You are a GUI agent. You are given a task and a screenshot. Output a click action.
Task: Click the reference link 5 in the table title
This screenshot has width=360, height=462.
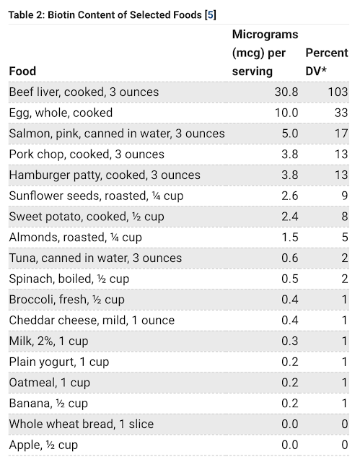point(211,14)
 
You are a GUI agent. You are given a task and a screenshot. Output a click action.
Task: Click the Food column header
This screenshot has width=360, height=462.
point(22,71)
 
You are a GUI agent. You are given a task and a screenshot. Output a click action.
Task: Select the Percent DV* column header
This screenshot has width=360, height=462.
point(327,62)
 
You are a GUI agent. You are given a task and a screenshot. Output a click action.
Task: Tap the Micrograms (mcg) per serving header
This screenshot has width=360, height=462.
point(265,53)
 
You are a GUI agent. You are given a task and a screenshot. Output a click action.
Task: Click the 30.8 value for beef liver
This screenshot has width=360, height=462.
point(286,92)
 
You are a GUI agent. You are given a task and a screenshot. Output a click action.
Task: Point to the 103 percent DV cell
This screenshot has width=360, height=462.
point(338,92)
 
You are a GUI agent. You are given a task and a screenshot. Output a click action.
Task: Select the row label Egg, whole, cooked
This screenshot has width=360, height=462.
point(61,113)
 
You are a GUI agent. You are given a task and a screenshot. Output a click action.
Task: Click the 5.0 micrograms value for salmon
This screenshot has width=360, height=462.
point(290,134)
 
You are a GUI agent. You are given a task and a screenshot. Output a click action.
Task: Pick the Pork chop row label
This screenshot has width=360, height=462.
point(87,154)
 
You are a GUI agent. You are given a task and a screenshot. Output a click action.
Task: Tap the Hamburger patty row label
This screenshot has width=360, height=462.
point(105,175)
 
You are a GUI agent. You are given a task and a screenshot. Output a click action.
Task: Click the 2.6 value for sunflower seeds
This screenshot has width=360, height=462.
point(290,196)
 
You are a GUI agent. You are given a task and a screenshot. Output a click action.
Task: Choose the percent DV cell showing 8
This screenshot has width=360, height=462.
point(345,217)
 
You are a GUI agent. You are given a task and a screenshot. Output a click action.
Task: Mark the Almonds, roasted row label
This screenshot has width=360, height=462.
point(75,237)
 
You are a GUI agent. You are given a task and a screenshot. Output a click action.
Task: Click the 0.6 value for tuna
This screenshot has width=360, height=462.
point(290,258)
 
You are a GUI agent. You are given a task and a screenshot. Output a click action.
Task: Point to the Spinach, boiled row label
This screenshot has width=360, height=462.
point(69,279)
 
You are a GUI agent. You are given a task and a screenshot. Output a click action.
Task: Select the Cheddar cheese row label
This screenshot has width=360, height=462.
point(92,321)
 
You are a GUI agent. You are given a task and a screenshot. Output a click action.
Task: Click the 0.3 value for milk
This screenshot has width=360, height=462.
point(290,341)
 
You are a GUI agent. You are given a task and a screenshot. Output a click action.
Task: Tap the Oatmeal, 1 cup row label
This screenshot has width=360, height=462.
point(50,383)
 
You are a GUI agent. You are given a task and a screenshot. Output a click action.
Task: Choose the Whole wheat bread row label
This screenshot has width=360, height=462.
point(82,424)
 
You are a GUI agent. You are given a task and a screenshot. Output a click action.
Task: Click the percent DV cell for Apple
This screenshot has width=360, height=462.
point(345,445)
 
